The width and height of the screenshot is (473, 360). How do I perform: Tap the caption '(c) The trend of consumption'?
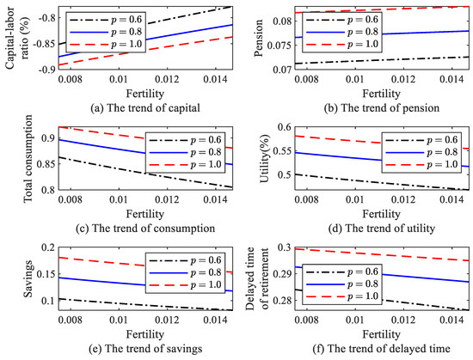click(129, 227)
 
